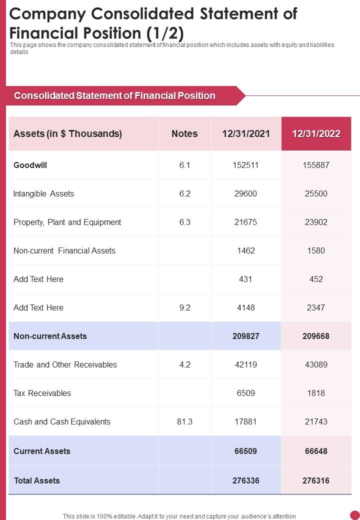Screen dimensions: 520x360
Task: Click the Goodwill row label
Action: (30, 165)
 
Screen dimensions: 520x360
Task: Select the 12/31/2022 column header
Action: (316, 133)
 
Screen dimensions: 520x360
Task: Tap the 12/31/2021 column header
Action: (245, 133)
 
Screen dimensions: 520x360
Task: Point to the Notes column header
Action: (184, 133)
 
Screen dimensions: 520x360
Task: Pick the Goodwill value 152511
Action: (245, 165)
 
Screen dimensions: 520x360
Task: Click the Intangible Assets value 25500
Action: (316, 193)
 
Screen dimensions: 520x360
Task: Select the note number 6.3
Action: (184, 222)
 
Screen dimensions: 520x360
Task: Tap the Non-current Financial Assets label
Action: (64, 250)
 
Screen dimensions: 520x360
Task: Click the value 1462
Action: (245, 250)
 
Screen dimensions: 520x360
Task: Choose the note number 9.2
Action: (184, 307)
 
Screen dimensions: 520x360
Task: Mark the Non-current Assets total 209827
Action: (245, 336)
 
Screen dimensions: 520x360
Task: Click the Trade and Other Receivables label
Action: (65, 364)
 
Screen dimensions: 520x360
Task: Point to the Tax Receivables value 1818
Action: (316, 393)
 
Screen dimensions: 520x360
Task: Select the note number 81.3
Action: (184, 421)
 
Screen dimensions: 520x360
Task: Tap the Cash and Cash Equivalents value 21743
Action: (316, 421)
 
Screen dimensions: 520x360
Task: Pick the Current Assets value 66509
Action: (245, 451)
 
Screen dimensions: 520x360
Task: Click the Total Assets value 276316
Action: (316, 480)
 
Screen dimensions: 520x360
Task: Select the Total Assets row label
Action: (36, 480)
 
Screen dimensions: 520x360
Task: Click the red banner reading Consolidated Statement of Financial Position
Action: (115, 95)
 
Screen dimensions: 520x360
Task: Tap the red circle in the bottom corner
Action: (355, 514)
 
